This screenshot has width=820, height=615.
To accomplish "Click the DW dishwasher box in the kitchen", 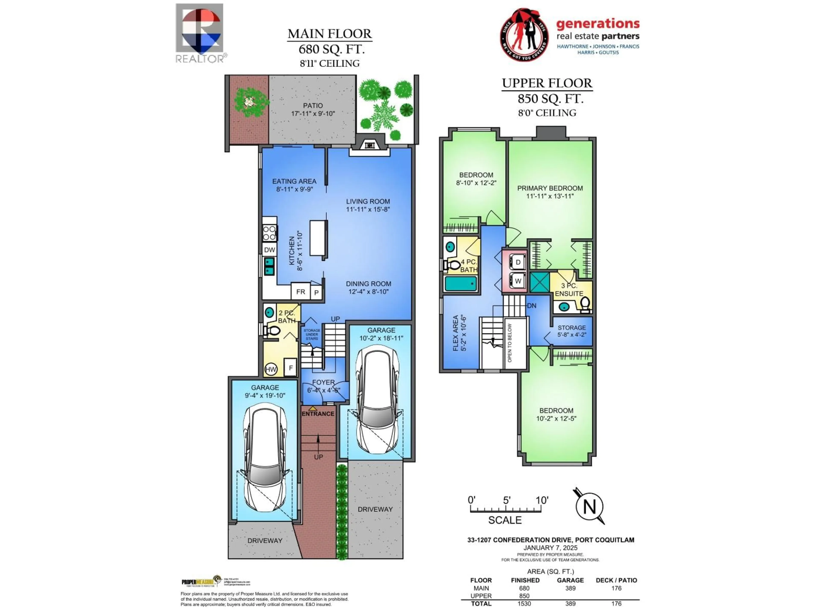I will point(269,250).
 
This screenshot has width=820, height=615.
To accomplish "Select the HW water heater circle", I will point(271,369).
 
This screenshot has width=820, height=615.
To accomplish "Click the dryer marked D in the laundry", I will point(518,262).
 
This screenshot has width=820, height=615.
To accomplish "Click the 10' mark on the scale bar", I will point(541,501).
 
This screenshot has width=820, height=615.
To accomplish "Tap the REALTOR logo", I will point(199,33).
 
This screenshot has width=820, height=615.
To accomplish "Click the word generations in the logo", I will point(597,24).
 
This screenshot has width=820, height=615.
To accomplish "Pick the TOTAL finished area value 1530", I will point(524,603).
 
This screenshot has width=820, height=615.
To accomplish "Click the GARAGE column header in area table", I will point(570,580).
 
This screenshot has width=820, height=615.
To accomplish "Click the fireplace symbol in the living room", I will point(369,145).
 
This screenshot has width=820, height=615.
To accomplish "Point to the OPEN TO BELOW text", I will point(510,343).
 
